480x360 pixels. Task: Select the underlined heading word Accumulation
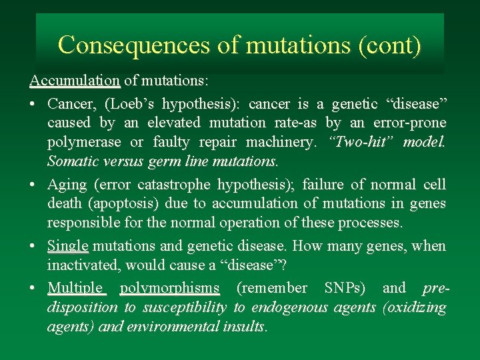[x=75, y=81]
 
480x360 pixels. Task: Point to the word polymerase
[x=84, y=142]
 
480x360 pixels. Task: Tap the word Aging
[x=67, y=184]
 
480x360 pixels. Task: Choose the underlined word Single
[x=67, y=246]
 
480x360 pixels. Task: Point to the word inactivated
[x=83, y=265]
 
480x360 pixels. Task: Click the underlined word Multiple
[x=75, y=288]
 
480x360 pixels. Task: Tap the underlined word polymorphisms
[x=169, y=288]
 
